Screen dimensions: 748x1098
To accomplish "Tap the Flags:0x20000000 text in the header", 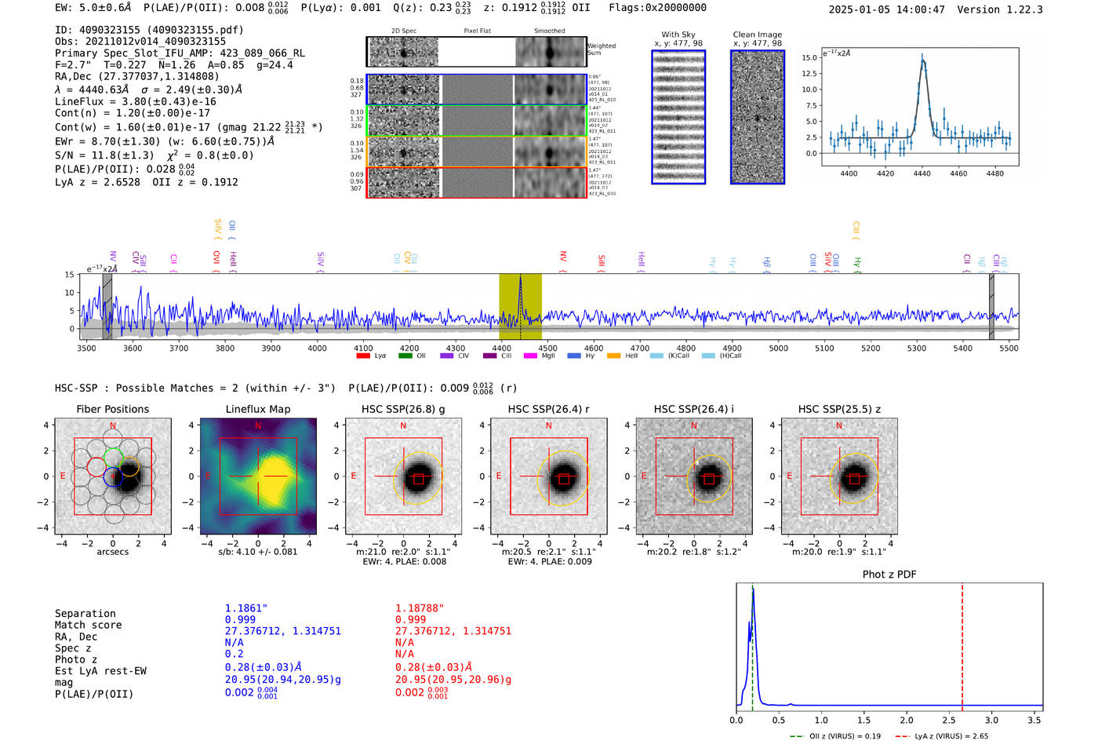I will coord(657,8).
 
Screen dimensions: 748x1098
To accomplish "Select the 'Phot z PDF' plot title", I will coord(889,575).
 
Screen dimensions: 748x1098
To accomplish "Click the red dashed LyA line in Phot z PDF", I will coord(962,644).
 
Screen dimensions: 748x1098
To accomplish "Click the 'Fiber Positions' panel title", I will coord(112,409).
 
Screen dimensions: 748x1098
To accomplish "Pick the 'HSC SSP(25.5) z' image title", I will coord(839,409).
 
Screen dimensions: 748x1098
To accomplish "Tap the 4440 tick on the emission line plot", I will coord(922,173).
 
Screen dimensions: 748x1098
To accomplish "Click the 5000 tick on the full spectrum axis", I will coord(778,348).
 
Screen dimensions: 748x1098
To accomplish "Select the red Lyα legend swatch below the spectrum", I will coord(363,356).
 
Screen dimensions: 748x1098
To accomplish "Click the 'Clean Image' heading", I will coord(757,35).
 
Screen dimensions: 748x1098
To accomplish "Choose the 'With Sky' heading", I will coord(678,35).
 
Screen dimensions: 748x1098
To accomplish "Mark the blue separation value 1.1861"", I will coord(246,608).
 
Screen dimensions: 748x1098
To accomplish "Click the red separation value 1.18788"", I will coord(420,608).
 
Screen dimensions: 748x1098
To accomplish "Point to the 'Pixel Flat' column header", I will coord(477,31).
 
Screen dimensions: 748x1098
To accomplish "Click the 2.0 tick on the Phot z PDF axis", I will coord(907,720).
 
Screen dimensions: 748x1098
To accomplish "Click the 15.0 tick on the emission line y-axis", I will coord(809,58).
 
